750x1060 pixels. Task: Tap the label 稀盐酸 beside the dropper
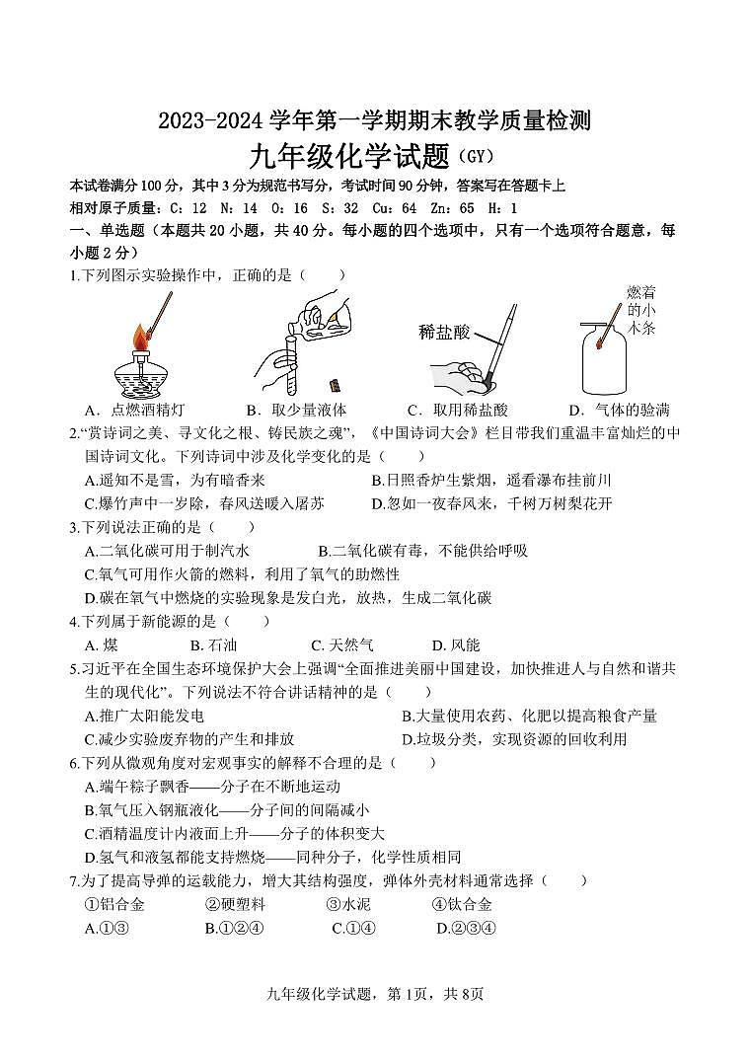point(444,332)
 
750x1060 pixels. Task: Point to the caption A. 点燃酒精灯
point(135,410)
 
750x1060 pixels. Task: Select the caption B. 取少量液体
point(296,410)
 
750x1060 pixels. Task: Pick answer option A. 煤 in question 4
point(102,644)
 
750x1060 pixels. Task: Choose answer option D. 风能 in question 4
point(456,644)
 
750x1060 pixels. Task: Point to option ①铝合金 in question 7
point(114,904)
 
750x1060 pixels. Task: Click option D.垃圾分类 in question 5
point(513,739)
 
